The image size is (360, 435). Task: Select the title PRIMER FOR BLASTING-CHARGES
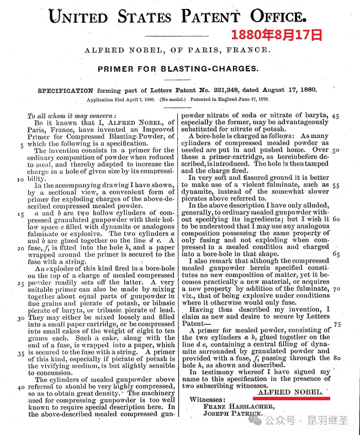click(177, 69)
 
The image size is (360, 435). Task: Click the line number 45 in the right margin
click(335, 116)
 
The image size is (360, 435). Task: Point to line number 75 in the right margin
click(336, 324)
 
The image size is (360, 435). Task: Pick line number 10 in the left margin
click(20, 179)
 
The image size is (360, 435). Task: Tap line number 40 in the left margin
click(19, 388)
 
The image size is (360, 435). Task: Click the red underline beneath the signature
click(292, 397)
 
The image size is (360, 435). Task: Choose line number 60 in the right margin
click(336, 219)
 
